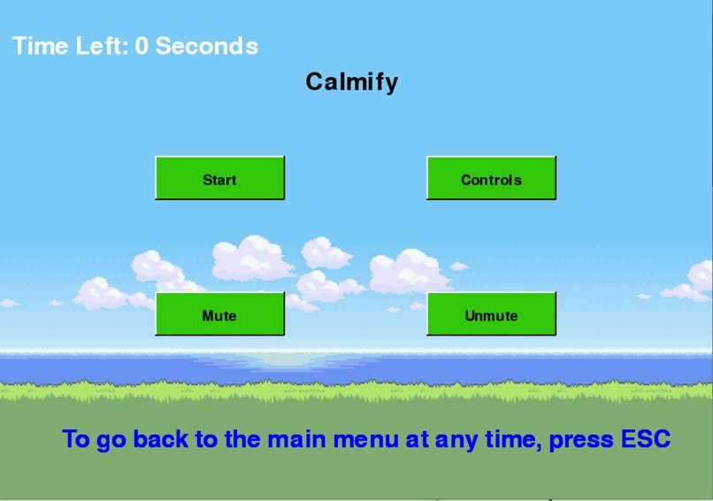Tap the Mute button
coord(219,314)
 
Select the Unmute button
coord(491,314)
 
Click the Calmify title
coord(352,81)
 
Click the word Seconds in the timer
coord(207,46)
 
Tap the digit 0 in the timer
coord(142,46)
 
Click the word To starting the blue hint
coord(75,439)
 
